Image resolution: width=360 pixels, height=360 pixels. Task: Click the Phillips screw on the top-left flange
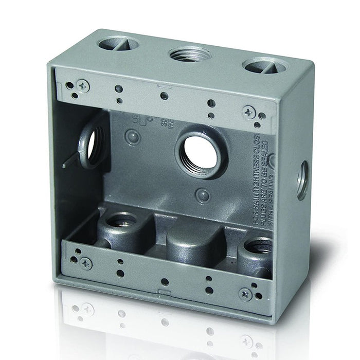tap(82, 83)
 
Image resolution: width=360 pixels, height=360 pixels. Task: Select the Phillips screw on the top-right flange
tap(250, 110)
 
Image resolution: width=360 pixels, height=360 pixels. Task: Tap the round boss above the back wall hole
tap(133, 137)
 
